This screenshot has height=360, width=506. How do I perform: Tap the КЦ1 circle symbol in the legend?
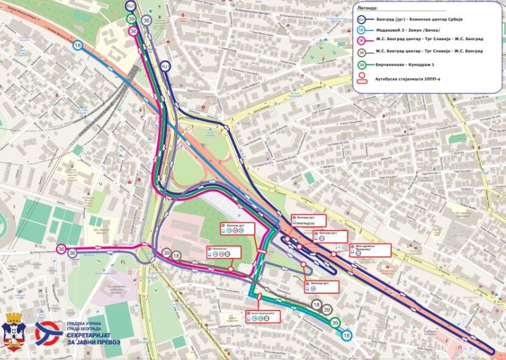tap(361, 19)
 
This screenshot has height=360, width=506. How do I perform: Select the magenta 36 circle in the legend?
tap(361, 40)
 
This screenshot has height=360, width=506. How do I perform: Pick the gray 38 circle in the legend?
tap(361, 52)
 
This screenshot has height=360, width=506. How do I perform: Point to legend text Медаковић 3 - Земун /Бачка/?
tap(405, 29)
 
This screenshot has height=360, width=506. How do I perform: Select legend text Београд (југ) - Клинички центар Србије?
tap(419, 19)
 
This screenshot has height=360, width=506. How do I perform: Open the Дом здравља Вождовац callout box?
tap(369, 251)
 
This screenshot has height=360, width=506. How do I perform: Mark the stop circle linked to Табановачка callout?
tap(230, 268)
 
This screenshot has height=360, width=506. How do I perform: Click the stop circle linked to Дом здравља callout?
tap(333, 254)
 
